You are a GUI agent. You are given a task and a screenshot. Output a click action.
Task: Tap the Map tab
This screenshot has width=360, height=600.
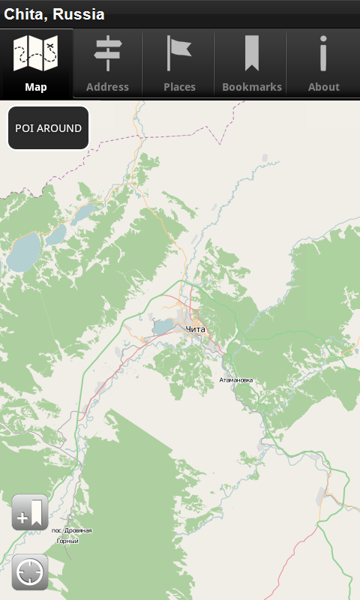tap(36, 64)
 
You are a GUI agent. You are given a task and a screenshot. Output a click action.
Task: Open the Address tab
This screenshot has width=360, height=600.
tap(107, 64)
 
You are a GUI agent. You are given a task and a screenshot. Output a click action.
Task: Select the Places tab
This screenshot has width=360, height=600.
tap(179, 64)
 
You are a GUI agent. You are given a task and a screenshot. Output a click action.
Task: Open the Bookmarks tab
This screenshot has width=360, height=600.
tap(252, 64)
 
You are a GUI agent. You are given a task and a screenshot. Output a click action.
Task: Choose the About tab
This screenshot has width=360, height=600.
tap(324, 64)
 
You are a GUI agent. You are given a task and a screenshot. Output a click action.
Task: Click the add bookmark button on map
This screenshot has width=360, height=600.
tap(30, 513)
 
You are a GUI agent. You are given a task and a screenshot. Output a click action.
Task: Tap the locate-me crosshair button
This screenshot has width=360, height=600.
tap(30, 573)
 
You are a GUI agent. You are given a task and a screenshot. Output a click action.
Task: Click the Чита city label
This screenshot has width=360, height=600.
tap(195, 329)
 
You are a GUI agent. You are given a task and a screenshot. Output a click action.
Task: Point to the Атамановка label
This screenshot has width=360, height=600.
tap(236, 380)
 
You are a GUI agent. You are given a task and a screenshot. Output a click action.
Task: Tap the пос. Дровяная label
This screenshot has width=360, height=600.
tap(72, 530)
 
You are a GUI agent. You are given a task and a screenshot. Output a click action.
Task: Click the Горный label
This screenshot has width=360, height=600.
tap(67, 541)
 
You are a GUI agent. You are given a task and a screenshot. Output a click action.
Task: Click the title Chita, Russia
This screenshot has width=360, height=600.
tap(55, 14)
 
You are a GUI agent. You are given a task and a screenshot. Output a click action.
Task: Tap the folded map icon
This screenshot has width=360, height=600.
tap(36, 53)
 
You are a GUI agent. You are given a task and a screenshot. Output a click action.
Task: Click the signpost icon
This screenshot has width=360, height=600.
tap(107, 53)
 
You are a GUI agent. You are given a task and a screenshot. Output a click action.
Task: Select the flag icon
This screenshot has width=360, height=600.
tap(178, 53)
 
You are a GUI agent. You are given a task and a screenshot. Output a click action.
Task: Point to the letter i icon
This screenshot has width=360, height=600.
tap(323, 53)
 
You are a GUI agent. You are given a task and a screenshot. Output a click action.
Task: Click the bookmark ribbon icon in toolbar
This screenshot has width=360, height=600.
tap(251, 53)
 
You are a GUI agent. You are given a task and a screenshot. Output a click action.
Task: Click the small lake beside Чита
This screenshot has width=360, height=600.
tap(163, 327)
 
